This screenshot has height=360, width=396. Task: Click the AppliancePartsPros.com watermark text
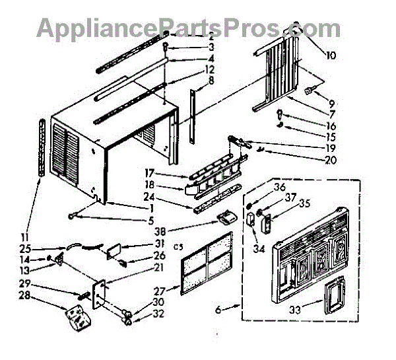188,28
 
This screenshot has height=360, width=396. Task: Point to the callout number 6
219,308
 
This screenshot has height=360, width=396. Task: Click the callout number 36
261,187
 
